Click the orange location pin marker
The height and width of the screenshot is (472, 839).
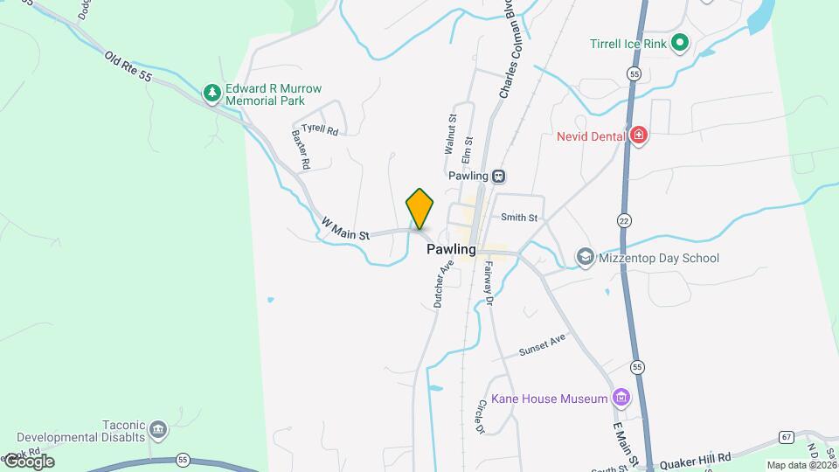[x=419, y=209]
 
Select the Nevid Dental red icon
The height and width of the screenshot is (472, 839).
[x=639, y=135]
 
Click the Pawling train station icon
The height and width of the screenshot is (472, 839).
[x=498, y=176]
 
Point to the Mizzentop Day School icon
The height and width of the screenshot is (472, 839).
[x=584, y=258]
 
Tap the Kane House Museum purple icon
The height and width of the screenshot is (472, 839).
[x=621, y=399]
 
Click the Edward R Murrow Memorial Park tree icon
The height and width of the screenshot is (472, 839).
[x=211, y=93]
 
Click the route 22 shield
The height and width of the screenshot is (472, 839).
[x=623, y=219]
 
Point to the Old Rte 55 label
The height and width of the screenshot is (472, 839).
[x=128, y=66]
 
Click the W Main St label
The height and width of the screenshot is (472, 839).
[x=346, y=229]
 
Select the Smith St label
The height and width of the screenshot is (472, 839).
[x=518, y=218]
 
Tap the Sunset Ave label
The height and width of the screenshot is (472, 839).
[x=543, y=345]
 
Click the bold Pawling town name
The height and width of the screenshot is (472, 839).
[x=451, y=249]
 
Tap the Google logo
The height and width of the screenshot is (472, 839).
[x=28, y=462]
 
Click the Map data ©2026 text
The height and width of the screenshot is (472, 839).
[x=801, y=465]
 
